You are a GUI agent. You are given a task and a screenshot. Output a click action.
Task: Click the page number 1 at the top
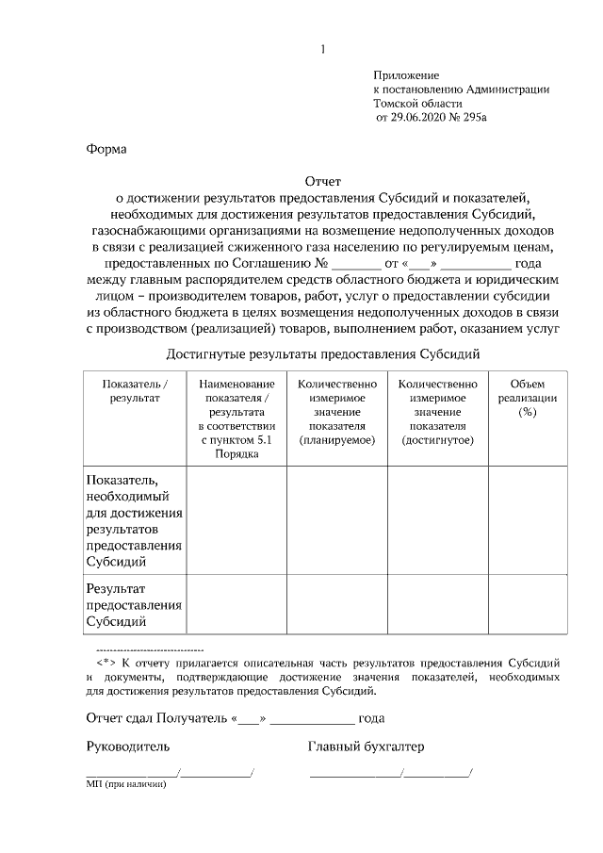tap(322, 49)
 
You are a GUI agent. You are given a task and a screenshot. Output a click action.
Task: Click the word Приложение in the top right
tap(406, 74)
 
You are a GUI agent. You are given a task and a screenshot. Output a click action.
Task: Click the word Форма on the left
tap(106, 149)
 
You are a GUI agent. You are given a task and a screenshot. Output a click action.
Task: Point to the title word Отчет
tap(323, 181)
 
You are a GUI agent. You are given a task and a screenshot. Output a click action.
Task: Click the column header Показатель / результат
tap(134, 391)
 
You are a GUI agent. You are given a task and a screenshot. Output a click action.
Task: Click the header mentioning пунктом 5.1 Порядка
tap(236, 418)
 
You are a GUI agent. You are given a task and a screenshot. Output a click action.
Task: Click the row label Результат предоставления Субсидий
tap(134, 604)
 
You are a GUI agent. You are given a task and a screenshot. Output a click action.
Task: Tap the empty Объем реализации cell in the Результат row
tap(527, 604)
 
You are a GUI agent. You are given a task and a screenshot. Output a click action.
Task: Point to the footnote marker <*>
tap(106, 662)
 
